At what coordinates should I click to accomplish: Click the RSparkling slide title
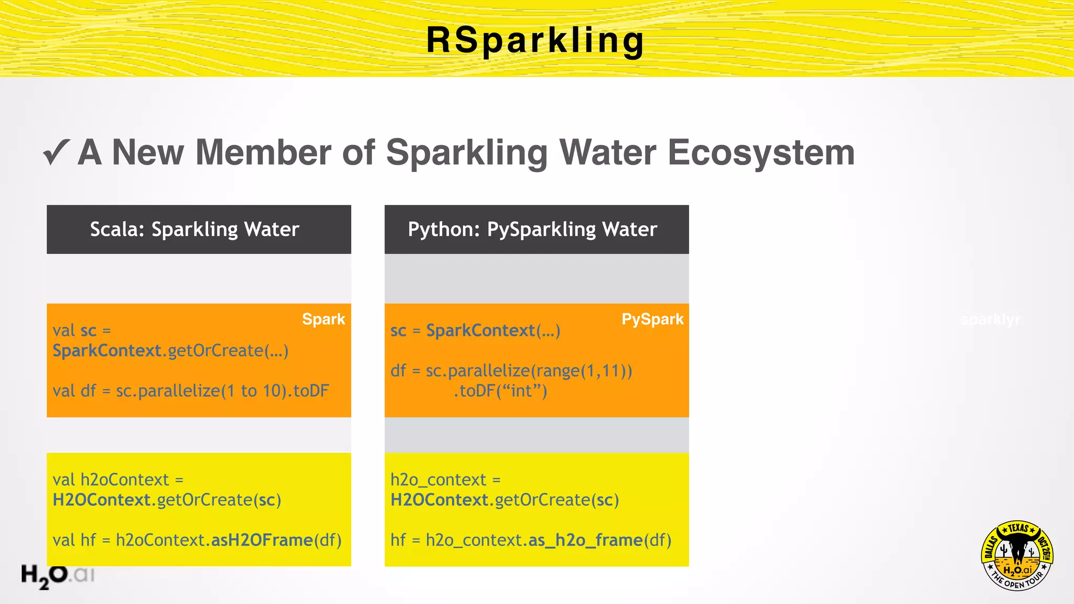[535, 41]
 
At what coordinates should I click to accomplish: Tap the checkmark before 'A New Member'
[56, 152]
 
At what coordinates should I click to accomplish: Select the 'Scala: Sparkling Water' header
[195, 230]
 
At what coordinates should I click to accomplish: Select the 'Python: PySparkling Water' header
[532, 230]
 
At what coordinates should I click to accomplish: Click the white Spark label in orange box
[324, 319]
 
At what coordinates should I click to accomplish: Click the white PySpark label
[652, 319]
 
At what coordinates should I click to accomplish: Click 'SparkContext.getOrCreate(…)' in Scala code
[170, 350]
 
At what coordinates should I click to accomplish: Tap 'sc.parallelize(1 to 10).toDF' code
[222, 391]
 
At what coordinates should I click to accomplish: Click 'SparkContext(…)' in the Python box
[493, 330]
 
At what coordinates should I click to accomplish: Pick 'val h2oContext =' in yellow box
[118, 479]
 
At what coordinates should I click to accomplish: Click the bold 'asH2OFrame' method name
[262, 540]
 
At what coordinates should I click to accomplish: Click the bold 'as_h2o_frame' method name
[585, 540]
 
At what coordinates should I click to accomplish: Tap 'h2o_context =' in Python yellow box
[445, 479]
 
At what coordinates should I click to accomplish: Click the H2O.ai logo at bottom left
[57, 576]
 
